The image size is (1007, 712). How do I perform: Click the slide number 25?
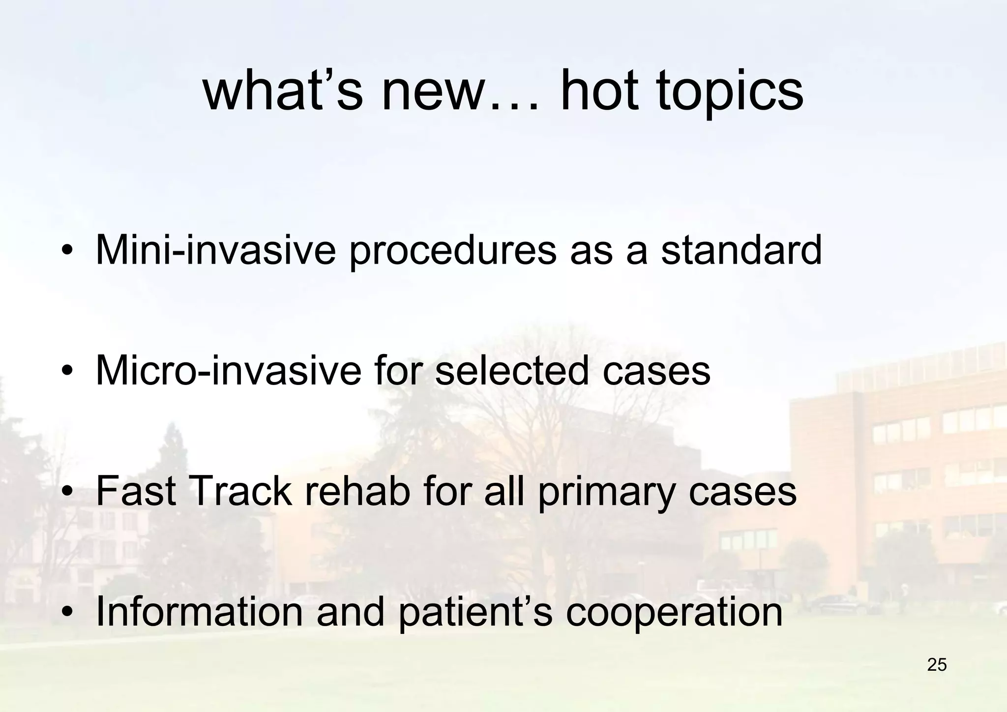click(937, 665)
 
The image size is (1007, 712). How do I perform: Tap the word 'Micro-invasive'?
click(227, 370)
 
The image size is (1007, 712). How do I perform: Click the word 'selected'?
click(512, 370)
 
